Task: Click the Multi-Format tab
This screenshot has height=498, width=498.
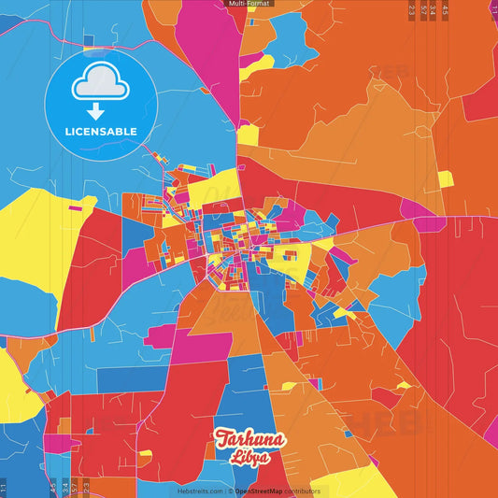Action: pos(249,4)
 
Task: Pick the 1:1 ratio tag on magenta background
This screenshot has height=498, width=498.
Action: pos(492,9)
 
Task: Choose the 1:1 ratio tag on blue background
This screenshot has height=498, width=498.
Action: pos(3,488)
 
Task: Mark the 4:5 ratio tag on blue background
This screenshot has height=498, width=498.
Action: pos(52,486)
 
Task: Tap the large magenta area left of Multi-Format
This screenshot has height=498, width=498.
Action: pos(211,37)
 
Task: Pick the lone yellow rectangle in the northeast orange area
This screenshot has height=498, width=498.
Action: pos(445,178)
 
